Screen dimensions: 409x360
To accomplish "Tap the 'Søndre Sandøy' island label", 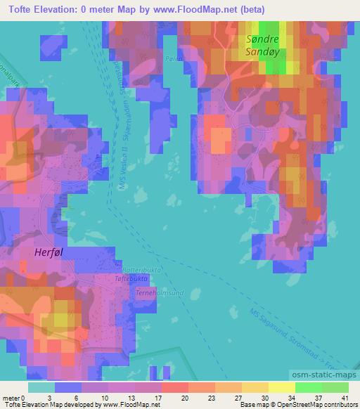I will [262, 46].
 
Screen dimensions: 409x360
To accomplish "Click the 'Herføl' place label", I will [51, 252].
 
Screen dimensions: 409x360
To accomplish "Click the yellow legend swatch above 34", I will [281, 387].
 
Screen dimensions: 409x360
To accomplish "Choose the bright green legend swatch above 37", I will [308, 387].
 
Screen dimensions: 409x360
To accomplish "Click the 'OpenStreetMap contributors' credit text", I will [323, 405].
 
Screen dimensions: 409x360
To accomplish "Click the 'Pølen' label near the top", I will [173, 59].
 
